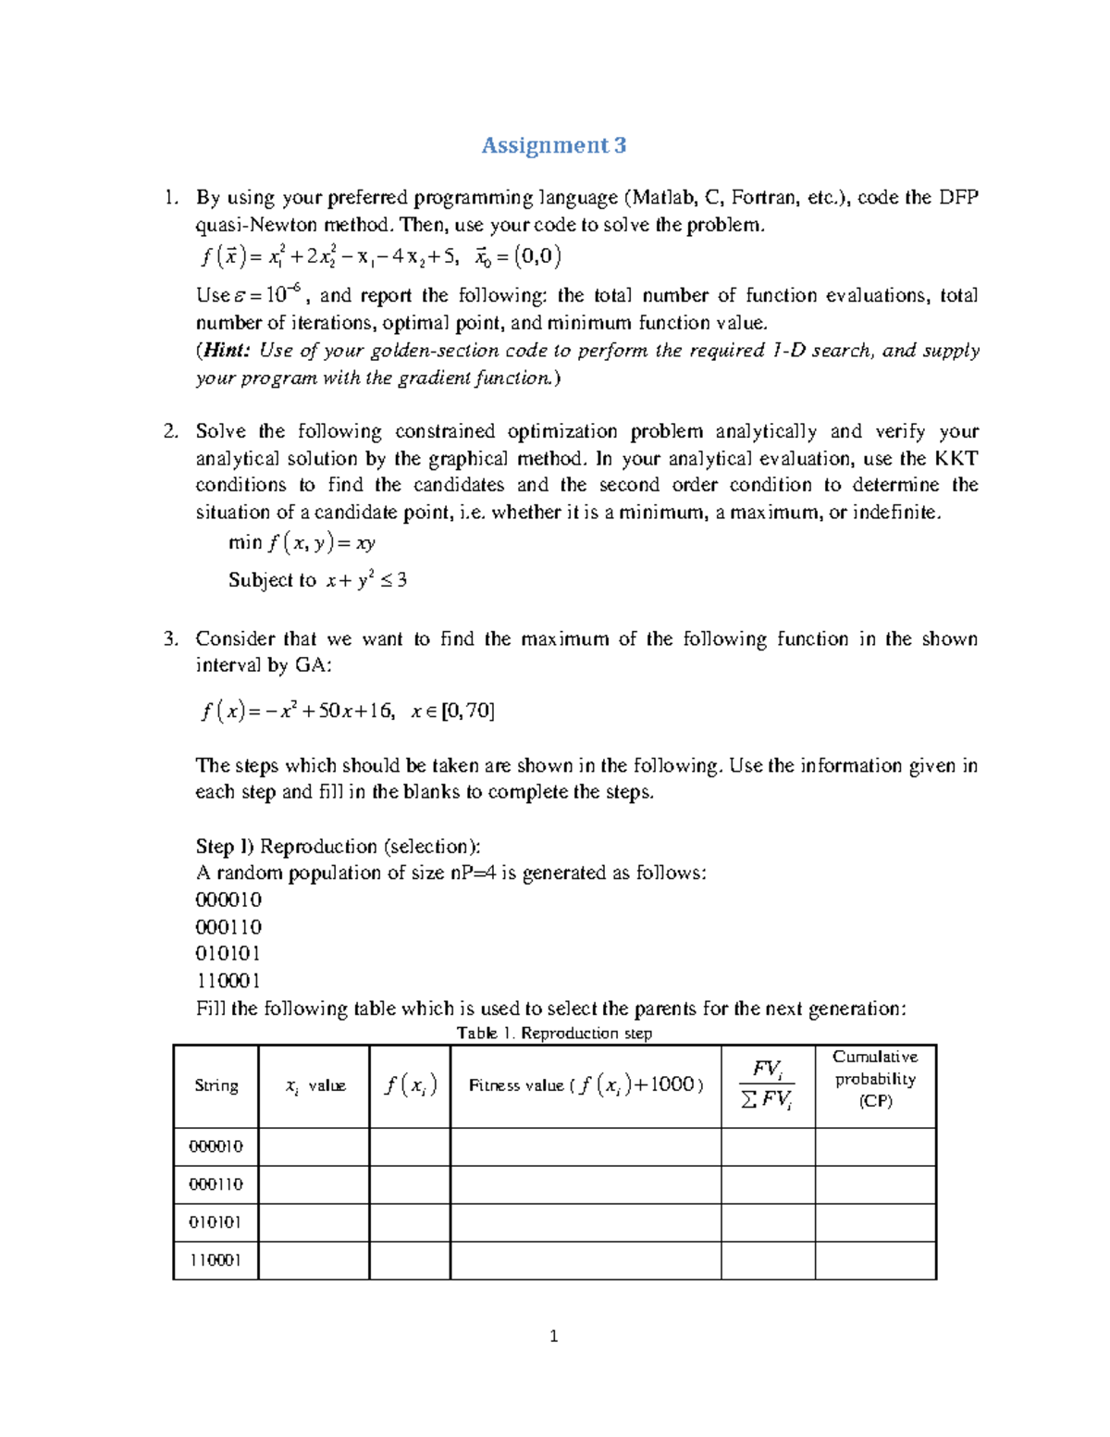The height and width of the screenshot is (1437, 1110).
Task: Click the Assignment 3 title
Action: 553,145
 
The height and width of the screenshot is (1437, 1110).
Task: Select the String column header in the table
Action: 216,1085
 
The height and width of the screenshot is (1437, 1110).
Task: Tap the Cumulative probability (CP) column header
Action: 875,1079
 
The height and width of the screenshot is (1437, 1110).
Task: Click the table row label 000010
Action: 216,1146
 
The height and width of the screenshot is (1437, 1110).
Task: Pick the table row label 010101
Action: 216,1222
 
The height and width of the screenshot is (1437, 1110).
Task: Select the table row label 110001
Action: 216,1260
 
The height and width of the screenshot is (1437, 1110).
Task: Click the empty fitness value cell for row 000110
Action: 585,1184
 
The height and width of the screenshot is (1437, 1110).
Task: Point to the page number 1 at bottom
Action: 553,1335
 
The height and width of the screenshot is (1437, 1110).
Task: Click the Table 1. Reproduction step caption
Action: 554,1033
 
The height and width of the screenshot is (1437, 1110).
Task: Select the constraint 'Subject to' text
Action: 272,580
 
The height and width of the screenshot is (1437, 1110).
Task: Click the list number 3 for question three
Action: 169,638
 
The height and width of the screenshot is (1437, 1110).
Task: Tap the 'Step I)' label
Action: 224,846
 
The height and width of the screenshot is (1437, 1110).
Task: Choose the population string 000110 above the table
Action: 228,926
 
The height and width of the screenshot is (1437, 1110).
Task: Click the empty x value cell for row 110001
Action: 314,1260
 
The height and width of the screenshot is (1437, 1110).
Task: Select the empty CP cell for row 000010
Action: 875,1146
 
